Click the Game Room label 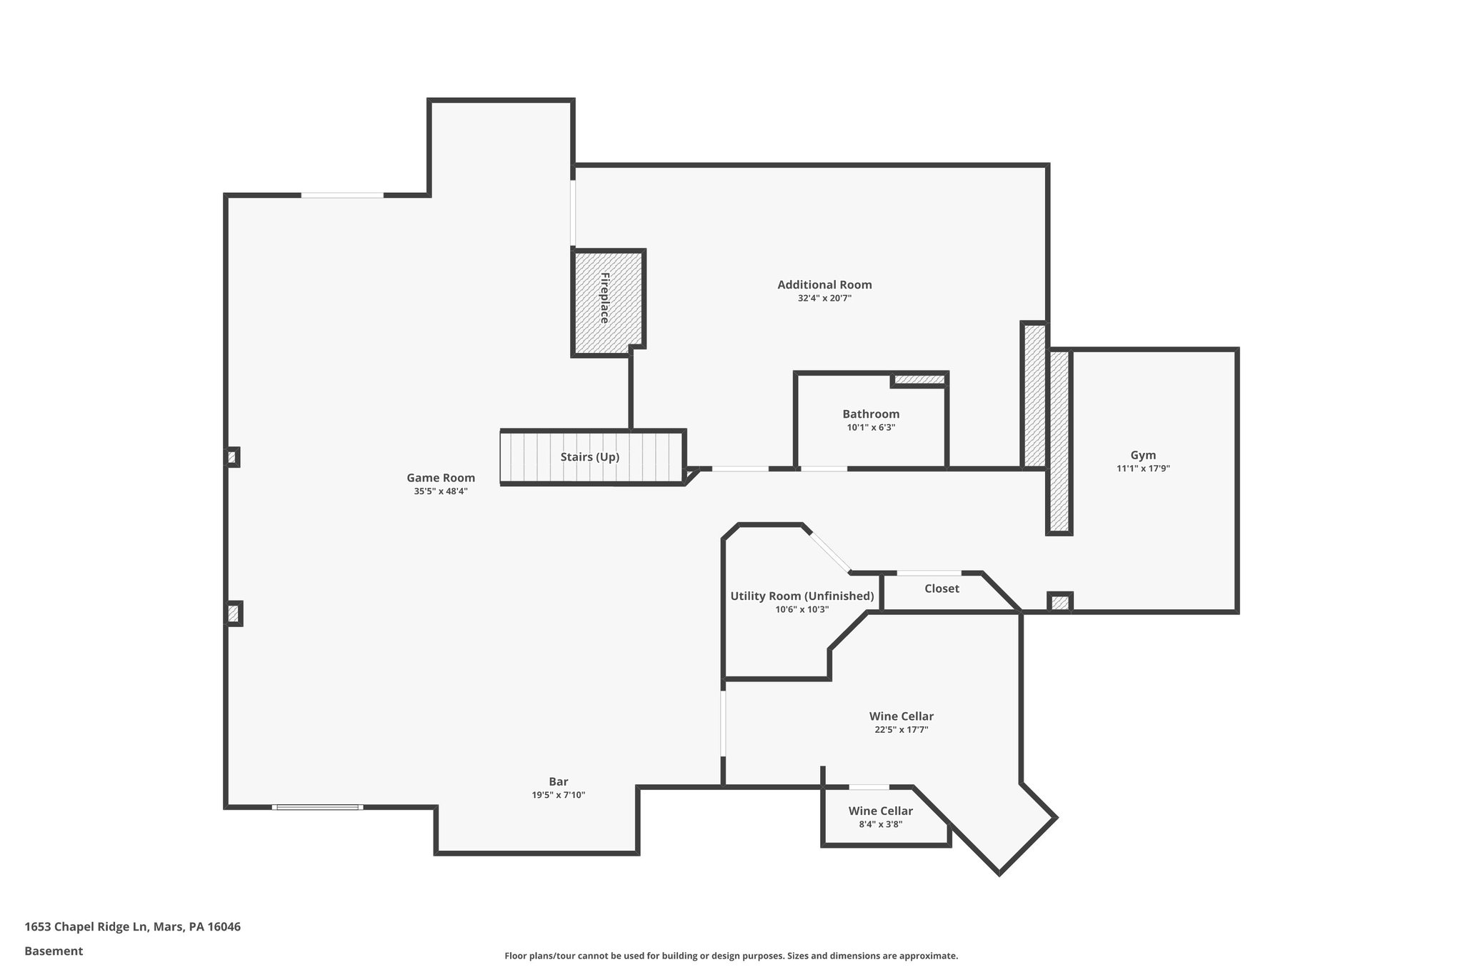pyautogui.click(x=441, y=478)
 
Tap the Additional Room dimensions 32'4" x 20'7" pyautogui.click(x=824, y=299)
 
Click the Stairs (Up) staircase pyautogui.click(x=590, y=457)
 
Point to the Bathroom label pyautogui.click(x=871, y=414)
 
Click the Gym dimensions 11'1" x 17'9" pyautogui.click(x=1143, y=469)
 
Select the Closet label pyautogui.click(x=942, y=589)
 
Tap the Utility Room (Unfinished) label pyautogui.click(x=802, y=596)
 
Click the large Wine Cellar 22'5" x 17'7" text pyautogui.click(x=901, y=729)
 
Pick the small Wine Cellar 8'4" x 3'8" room pyautogui.click(x=880, y=817)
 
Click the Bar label pyautogui.click(x=558, y=781)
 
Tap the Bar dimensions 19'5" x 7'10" pyautogui.click(x=558, y=795)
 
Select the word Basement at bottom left pyautogui.click(x=54, y=951)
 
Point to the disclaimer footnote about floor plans pyautogui.click(x=731, y=956)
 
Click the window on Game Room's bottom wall pyautogui.click(x=317, y=807)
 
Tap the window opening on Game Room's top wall pyautogui.click(x=341, y=195)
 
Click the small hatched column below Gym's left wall pyautogui.click(x=1059, y=602)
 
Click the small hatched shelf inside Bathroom pyautogui.click(x=919, y=379)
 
